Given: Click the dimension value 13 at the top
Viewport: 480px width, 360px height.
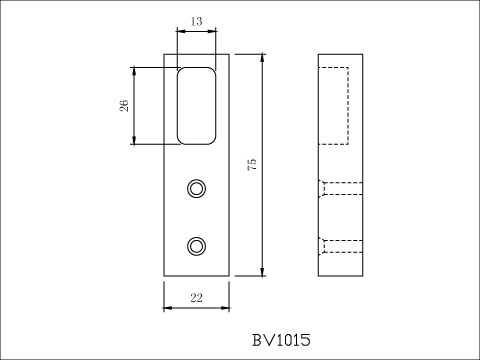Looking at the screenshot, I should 195,19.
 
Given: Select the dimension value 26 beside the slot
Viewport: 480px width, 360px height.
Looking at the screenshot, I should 123,107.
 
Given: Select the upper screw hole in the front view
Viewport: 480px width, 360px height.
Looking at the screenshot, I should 197,187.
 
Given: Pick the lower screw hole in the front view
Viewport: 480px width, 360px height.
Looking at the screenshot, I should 197,244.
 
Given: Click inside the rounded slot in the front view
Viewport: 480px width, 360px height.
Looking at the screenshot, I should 197,105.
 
